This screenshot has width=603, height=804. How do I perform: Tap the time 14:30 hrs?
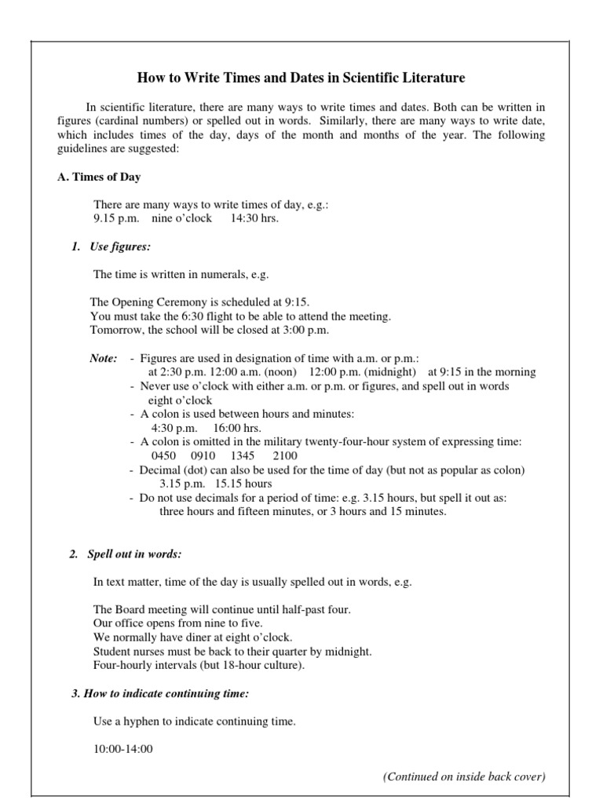(x=254, y=218)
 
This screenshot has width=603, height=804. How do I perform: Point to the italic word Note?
(x=104, y=359)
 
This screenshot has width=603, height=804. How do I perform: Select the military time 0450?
(x=165, y=456)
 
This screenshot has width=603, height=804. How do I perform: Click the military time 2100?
(x=286, y=456)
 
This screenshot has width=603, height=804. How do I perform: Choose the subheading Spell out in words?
(x=134, y=554)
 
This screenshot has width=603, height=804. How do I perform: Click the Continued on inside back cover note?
(x=464, y=777)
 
